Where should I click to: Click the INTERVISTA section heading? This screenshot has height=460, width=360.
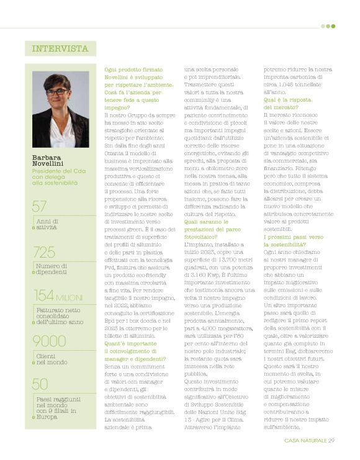coord(60,48)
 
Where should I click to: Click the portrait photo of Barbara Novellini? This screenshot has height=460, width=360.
coord(60,109)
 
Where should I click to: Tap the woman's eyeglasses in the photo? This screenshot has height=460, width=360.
coord(56,92)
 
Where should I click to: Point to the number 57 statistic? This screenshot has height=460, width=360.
coord(40,207)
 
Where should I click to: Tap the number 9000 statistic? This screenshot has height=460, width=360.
coord(49,341)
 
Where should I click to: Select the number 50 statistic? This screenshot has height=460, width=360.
coord(40,384)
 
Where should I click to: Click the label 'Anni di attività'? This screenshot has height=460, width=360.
coord(47,224)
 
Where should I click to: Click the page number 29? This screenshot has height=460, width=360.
coord(331,440)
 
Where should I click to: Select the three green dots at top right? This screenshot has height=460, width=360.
coord(328,26)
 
